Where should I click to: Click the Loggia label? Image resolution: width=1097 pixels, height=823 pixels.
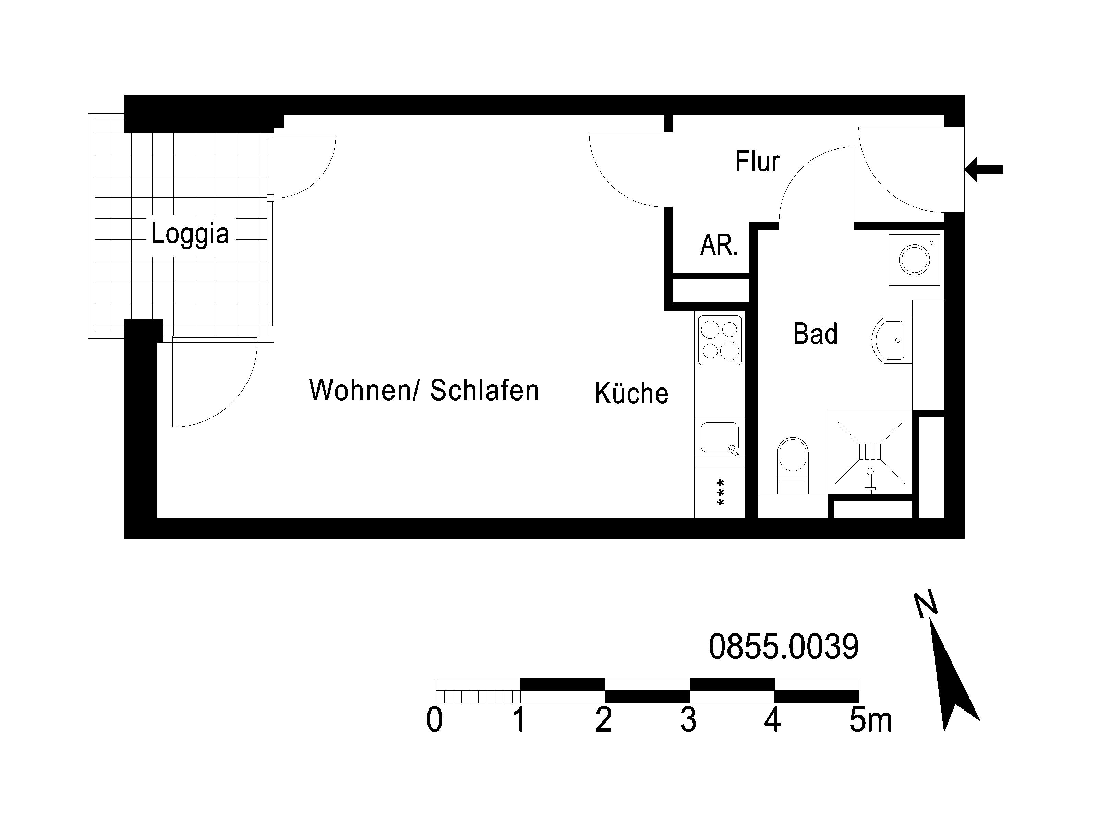pyautogui.click(x=190, y=234)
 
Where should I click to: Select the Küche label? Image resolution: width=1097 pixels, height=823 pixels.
pyautogui.click(x=631, y=393)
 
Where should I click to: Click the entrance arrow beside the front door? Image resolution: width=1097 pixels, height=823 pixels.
pyautogui.click(x=984, y=170)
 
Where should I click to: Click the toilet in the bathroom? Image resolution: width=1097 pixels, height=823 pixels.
pyautogui.click(x=793, y=465)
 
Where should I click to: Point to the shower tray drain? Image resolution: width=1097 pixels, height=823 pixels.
pyautogui.click(x=870, y=451)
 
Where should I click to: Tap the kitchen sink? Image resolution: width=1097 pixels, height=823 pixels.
pyautogui.click(x=720, y=438)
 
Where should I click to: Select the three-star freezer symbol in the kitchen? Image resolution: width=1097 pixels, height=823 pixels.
pyautogui.click(x=721, y=493)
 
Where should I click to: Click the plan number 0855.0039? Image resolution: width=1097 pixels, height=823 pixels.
pyautogui.click(x=784, y=647)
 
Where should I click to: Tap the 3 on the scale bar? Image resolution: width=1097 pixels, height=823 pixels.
pyautogui.click(x=688, y=720)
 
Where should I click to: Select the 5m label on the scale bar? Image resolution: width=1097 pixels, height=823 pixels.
pyautogui.click(x=870, y=720)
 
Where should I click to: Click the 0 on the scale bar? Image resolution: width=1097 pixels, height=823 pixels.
pyautogui.click(x=434, y=720)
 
